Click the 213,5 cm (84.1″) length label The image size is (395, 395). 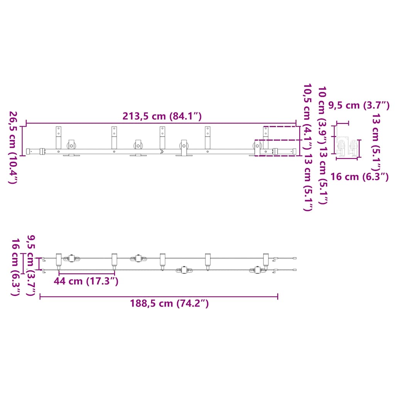click(162, 116)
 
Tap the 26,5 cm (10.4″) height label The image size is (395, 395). click(13, 147)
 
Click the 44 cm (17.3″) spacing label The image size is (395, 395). click(86, 281)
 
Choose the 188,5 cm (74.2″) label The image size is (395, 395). click(169, 303)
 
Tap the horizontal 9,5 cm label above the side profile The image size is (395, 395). click(359, 105)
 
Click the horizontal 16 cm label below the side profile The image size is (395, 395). click(360, 177)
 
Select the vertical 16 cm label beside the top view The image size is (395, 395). click(15, 267)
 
